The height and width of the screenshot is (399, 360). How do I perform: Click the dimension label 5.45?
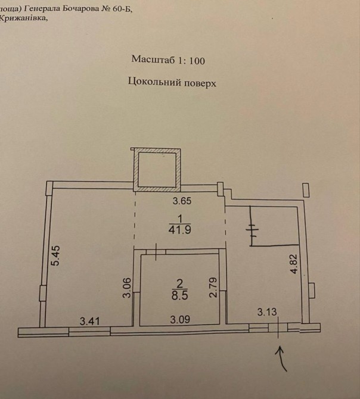pos(55,255)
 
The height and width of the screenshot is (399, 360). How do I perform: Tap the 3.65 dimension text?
pos(182,201)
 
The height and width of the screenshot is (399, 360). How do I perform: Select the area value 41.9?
pos(179,230)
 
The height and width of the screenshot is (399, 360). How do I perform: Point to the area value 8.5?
pos(179,296)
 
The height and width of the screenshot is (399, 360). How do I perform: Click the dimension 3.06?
pos(127,287)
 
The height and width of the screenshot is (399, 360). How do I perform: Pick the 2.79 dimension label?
pos(213,287)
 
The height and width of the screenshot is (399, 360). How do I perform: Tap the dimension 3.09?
pos(180,319)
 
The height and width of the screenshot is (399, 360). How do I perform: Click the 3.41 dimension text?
pos(89,321)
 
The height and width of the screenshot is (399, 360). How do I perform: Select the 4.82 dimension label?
pos(294,264)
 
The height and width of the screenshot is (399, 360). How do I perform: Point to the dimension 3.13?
pos(267,311)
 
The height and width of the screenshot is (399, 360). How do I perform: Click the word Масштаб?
pos(153,60)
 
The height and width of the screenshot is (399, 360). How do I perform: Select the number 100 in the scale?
pos(197,61)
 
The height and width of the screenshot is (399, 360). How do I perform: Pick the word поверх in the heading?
pos(200,83)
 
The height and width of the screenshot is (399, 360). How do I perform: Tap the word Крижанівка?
pos(23,18)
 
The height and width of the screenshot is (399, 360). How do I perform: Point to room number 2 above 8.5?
pos(179,283)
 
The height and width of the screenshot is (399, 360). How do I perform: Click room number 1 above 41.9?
pos(180,219)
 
